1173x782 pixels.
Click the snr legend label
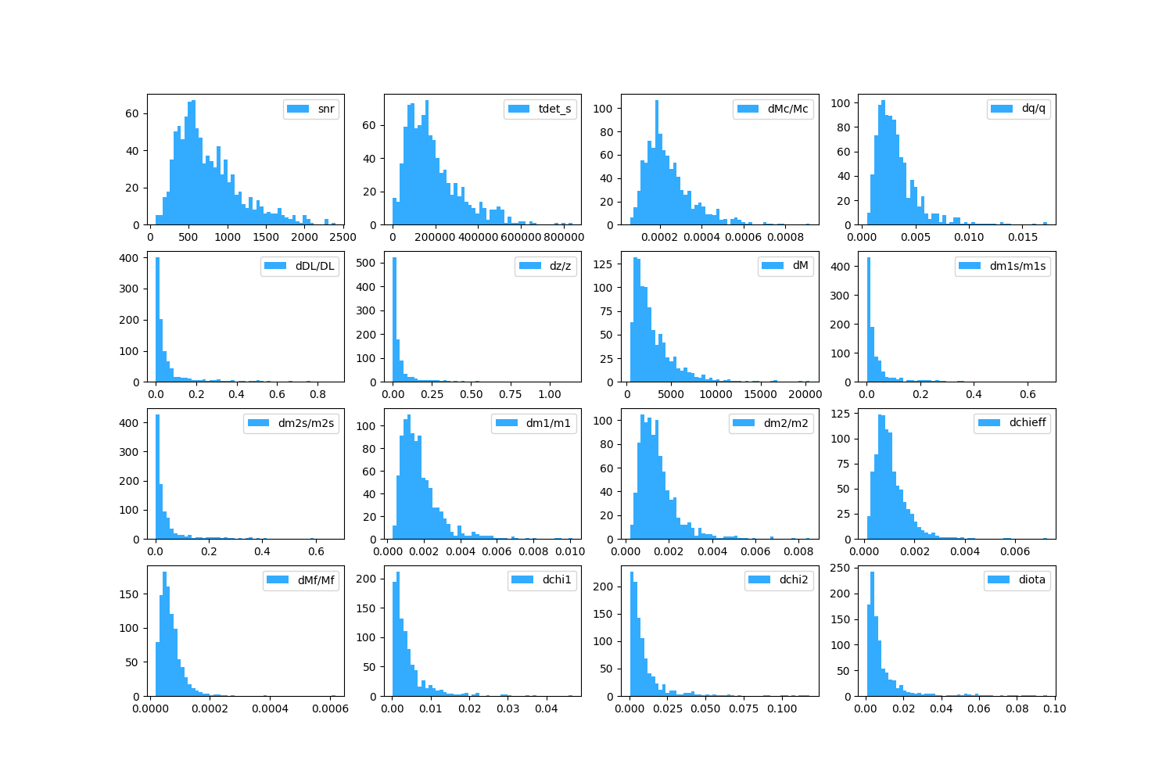[326, 109]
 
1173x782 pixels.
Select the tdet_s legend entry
[554, 109]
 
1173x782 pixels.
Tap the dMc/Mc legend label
[787, 109]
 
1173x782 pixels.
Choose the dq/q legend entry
[1033, 109]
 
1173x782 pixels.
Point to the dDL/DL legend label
[314, 266]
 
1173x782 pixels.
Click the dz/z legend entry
[560, 266]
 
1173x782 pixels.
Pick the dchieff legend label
[1028, 423]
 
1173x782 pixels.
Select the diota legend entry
[1031, 580]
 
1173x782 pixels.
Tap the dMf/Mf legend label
[316, 580]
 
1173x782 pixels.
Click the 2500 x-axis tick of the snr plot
[343, 237]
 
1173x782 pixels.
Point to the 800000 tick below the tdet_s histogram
[564, 237]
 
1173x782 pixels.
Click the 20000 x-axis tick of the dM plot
[805, 394]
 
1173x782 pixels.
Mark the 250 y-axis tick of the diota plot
[844, 569]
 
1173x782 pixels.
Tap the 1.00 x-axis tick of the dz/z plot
[550, 394]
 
